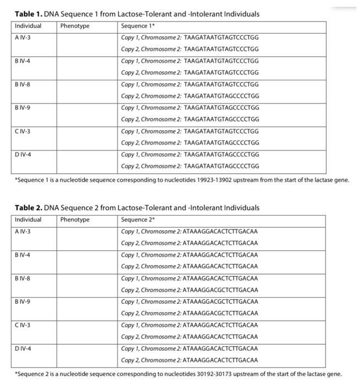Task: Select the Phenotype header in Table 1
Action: pos(75,26)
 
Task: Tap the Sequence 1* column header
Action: pos(135,26)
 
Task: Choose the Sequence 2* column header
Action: pos(135,220)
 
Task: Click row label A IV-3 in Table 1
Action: pos(23,37)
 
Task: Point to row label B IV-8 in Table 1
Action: pos(23,84)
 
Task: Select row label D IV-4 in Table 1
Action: pos(23,154)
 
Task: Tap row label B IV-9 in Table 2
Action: pos(23,302)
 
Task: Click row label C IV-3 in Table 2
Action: pos(23,325)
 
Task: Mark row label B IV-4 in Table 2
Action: pos(23,255)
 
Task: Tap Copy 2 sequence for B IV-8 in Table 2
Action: pos(189,290)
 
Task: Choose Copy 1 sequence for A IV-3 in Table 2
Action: pos(189,232)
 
